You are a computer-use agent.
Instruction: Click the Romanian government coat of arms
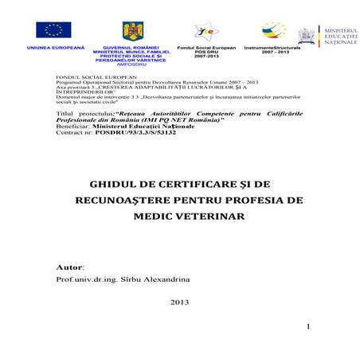coord(132,31)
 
